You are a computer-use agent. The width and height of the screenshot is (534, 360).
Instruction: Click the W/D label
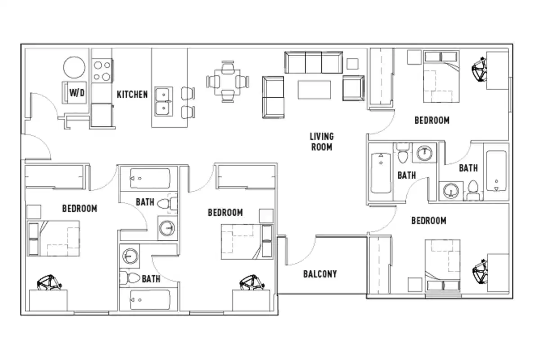pyautogui.click(x=77, y=93)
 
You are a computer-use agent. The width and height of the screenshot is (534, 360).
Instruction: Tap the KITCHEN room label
pyautogui.click(x=132, y=94)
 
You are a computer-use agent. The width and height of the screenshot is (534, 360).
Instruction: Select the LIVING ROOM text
pyautogui.click(x=321, y=141)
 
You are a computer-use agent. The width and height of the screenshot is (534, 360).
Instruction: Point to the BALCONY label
pyautogui.click(x=320, y=274)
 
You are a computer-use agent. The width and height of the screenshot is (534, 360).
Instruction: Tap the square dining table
pyautogui.click(x=228, y=82)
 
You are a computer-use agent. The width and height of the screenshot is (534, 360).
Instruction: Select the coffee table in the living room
pyautogui.click(x=314, y=89)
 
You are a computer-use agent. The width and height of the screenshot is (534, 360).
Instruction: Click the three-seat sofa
pyautogui.click(x=313, y=62)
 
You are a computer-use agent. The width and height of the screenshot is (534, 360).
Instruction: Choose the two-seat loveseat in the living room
pyautogui.click(x=273, y=97)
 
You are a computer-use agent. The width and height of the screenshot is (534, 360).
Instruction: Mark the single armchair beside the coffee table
pyautogui.click(x=353, y=88)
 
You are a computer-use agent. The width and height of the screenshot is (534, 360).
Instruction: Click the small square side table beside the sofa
pyautogui.click(x=352, y=63)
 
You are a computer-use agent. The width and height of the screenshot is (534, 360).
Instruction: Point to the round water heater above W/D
pyautogui.click(x=74, y=68)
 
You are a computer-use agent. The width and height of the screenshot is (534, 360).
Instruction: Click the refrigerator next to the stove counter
pyautogui.click(x=101, y=115)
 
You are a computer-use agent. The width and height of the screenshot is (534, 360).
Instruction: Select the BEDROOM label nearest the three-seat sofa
pyautogui.click(x=431, y=121)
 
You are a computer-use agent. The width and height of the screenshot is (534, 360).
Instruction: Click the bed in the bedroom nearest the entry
pyautogui.click(x=53, y=238)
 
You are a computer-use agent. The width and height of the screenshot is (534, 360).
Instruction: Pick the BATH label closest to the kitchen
pyautogui.click(x=145, y=202)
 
